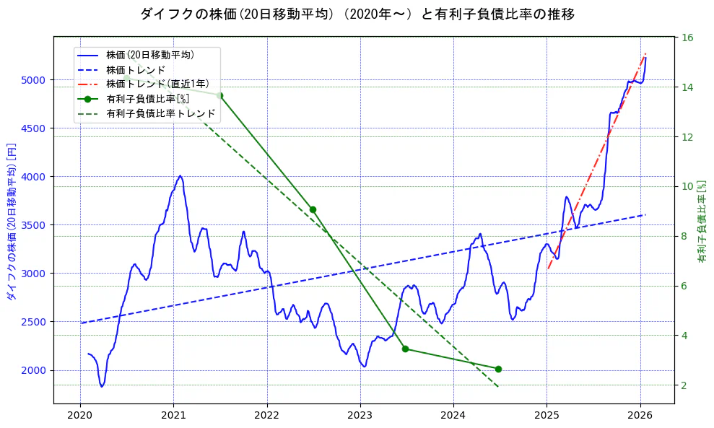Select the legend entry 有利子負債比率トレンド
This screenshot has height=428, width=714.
click(160, 113)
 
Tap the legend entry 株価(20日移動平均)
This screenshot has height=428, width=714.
click(149, 54)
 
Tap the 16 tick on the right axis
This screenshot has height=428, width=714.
click(687, 38)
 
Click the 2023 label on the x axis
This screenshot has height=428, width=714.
click(360, 416)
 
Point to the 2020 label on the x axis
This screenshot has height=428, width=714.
click(80, 416)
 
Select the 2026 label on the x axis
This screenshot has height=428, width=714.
click(640, 416)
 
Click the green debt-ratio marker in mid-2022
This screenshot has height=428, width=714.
click(313, 209)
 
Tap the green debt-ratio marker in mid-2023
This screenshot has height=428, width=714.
click(406, 349)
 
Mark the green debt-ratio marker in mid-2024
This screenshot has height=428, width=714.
click(498, 369)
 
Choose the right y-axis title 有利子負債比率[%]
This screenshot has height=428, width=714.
click(702, 220)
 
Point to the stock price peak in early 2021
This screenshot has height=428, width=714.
click(180, 175)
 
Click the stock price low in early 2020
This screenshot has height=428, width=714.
click(102, 386)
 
